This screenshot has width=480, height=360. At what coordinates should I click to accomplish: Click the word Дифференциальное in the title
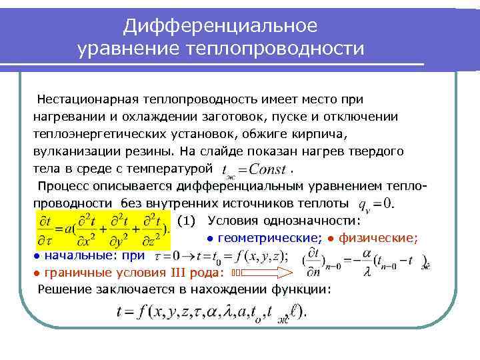click(221, 26)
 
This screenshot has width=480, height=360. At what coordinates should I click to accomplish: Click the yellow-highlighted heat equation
click(104, 229)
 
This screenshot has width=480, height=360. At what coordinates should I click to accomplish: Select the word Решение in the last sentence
click(63, 289)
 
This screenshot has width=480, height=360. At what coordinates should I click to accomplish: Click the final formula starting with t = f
click(207, 311)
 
